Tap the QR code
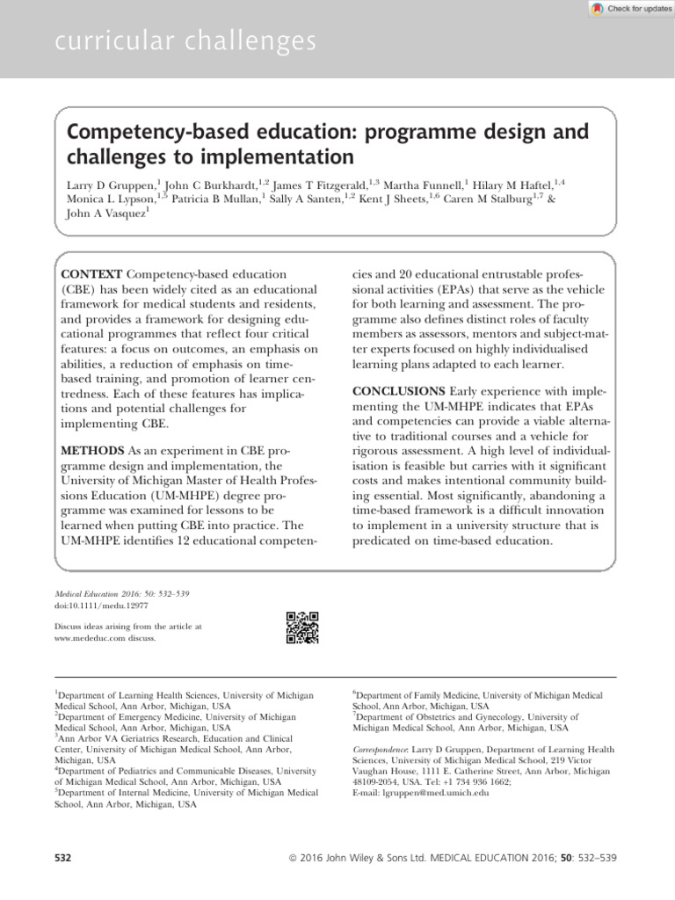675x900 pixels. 302,628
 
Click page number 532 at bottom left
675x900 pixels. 62,856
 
